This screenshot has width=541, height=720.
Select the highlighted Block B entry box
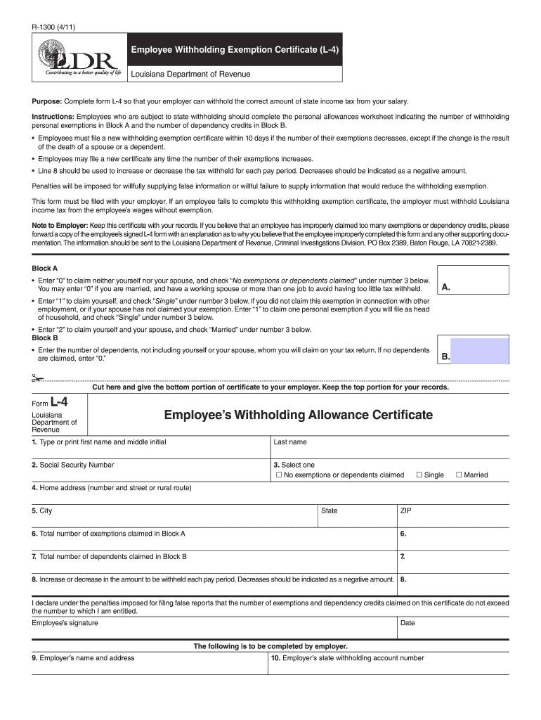click(479, 351)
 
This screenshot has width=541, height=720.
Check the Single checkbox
click(419, 475)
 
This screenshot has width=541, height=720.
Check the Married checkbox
click(459, 475)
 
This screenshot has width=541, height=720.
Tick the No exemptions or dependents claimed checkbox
click(278, 475)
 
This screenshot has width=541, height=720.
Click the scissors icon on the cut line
click(37, 378)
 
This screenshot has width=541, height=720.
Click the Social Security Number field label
click(72, 465)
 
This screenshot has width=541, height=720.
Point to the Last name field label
click(289, 442)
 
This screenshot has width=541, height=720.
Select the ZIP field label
click(406, 510)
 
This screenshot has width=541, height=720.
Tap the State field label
click(329, 510)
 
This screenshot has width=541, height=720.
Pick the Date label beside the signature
click(408, 623)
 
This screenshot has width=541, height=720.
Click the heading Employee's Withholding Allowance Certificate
click(299, 415)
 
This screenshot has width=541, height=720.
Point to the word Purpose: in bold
click(47, 101)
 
